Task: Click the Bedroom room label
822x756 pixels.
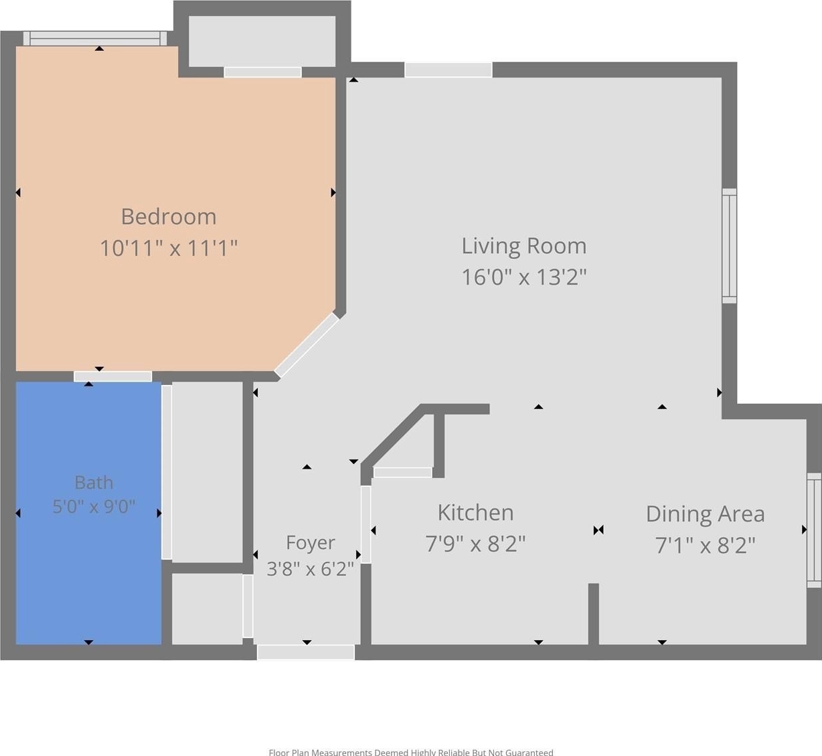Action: pyautogui.click(x=169, y=216)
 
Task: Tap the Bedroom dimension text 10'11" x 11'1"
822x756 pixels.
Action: pyautogui.click(x=169, y=248)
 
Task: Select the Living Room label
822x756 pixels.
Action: pyautogui.click(x=523, y=246)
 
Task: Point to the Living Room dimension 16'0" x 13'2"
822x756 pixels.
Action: pyautogui.click(x=523, y=277)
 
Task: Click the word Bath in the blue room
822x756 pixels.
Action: pyautogui.click(x=94, y=482)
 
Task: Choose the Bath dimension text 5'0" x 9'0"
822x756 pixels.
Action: pyautogui.click(x=94, y=506)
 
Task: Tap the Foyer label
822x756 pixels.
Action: pyautogui.click(x=310, y=543)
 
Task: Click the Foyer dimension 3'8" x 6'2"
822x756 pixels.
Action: pyautogui.click(x=310, y=569)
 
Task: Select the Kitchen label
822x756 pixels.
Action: pyautogui.click(x=475, y=512)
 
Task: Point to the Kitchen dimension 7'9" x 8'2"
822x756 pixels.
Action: pyautogui.click(x=475, y=544)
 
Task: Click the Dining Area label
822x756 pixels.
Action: pyautogui.click(x=706, y=514)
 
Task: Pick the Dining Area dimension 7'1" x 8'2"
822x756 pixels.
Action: pyautogui.click(x=706, y=546)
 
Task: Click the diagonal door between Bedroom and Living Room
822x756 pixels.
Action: pyautogui.click(x=307, y=346)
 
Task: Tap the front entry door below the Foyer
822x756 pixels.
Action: pyautogui.click(x=306, y=652)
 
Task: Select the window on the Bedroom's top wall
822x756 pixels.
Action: pyautogui.click(x=95, y=39)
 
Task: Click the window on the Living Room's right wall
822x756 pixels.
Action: pyautogui.click(x=729, y=246)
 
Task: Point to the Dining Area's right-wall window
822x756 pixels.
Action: pyautogui.click(x=814, y=530)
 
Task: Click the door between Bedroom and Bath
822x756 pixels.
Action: pyautogui.click(x=112, y=376)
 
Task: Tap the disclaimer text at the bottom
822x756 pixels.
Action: pyautogui.click(x=411, y=752)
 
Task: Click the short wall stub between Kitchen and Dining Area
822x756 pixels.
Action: pyautogui.click(x=593, y=614)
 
